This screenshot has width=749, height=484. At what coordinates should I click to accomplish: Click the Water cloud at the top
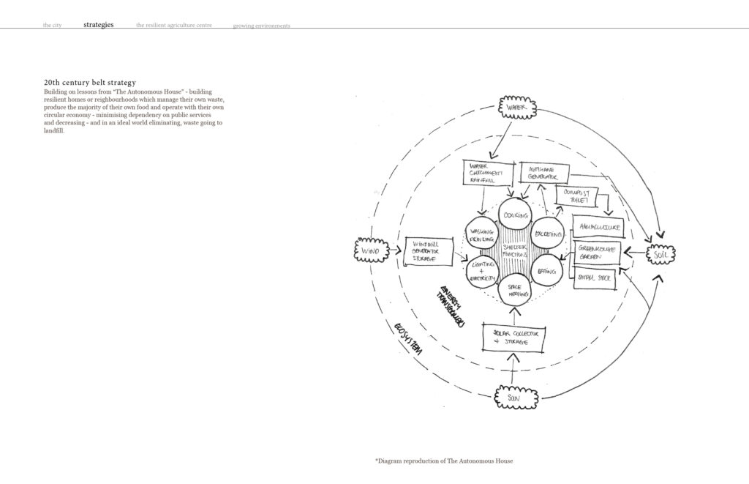[x=517, y=108]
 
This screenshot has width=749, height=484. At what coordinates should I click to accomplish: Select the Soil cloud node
[x=660, y=254]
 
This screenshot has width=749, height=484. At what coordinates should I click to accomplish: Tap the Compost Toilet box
[x=578, y=197]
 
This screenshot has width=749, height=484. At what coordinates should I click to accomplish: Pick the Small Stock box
[x=595, y=278]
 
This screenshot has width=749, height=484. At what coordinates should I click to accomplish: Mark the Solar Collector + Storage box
[x=514, y=337]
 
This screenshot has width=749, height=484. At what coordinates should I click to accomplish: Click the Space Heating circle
[x=515, y=288]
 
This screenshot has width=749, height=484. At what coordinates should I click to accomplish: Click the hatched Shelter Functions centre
[x=514, y=251]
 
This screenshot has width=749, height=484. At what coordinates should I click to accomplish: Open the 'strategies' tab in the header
[x=99, y=25]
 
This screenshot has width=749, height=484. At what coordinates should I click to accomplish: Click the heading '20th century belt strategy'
[x=89, y=83]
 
